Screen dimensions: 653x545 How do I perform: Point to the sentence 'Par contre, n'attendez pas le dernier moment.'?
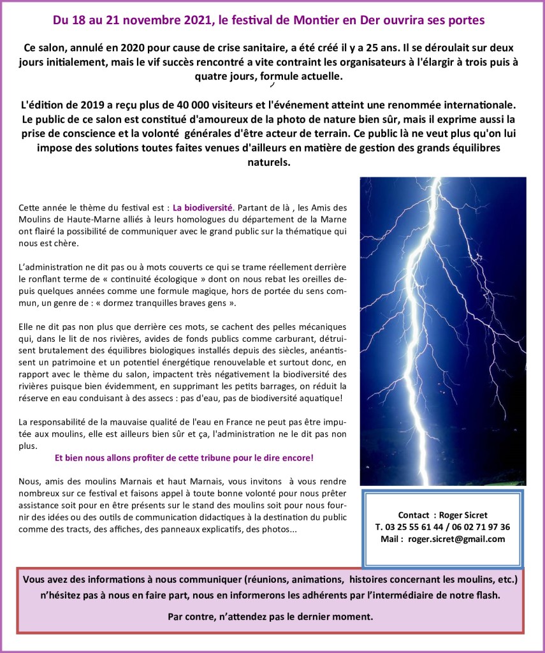pyautogui.click(x=270, y=617)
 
